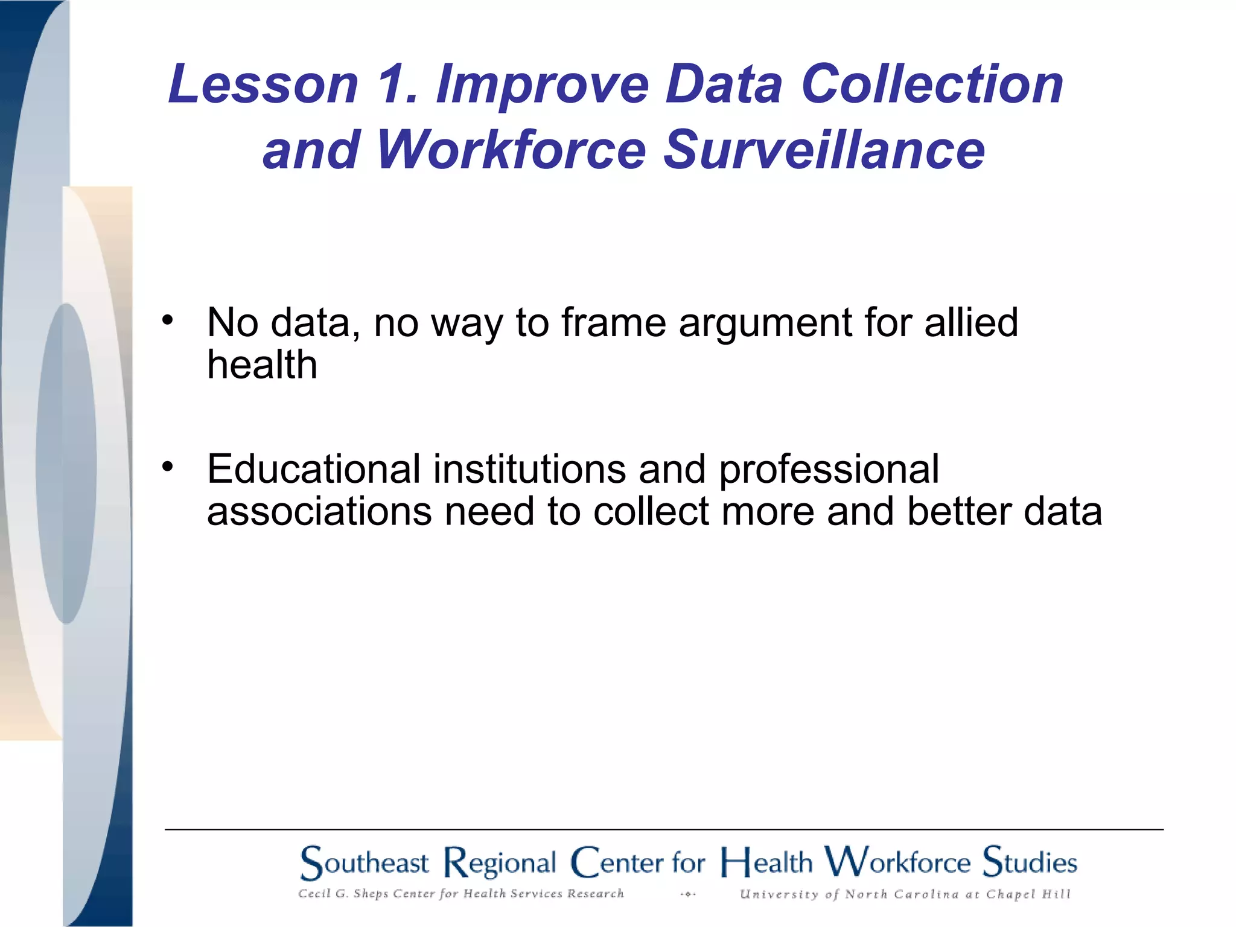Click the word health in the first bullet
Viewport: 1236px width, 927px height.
pyautogui.click(x=262, y=365)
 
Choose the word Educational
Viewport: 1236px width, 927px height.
pyautogui.click(x=314, y=468)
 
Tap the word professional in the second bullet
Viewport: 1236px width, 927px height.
pyautogui.click(x=829, y=470)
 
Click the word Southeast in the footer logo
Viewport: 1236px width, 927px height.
pyautogui.click(x=365, y=862)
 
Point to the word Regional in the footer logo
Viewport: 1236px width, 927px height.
pyautogui.click(x=500, y=863)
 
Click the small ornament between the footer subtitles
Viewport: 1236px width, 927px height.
pyautogui.click(x=687, y=894)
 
